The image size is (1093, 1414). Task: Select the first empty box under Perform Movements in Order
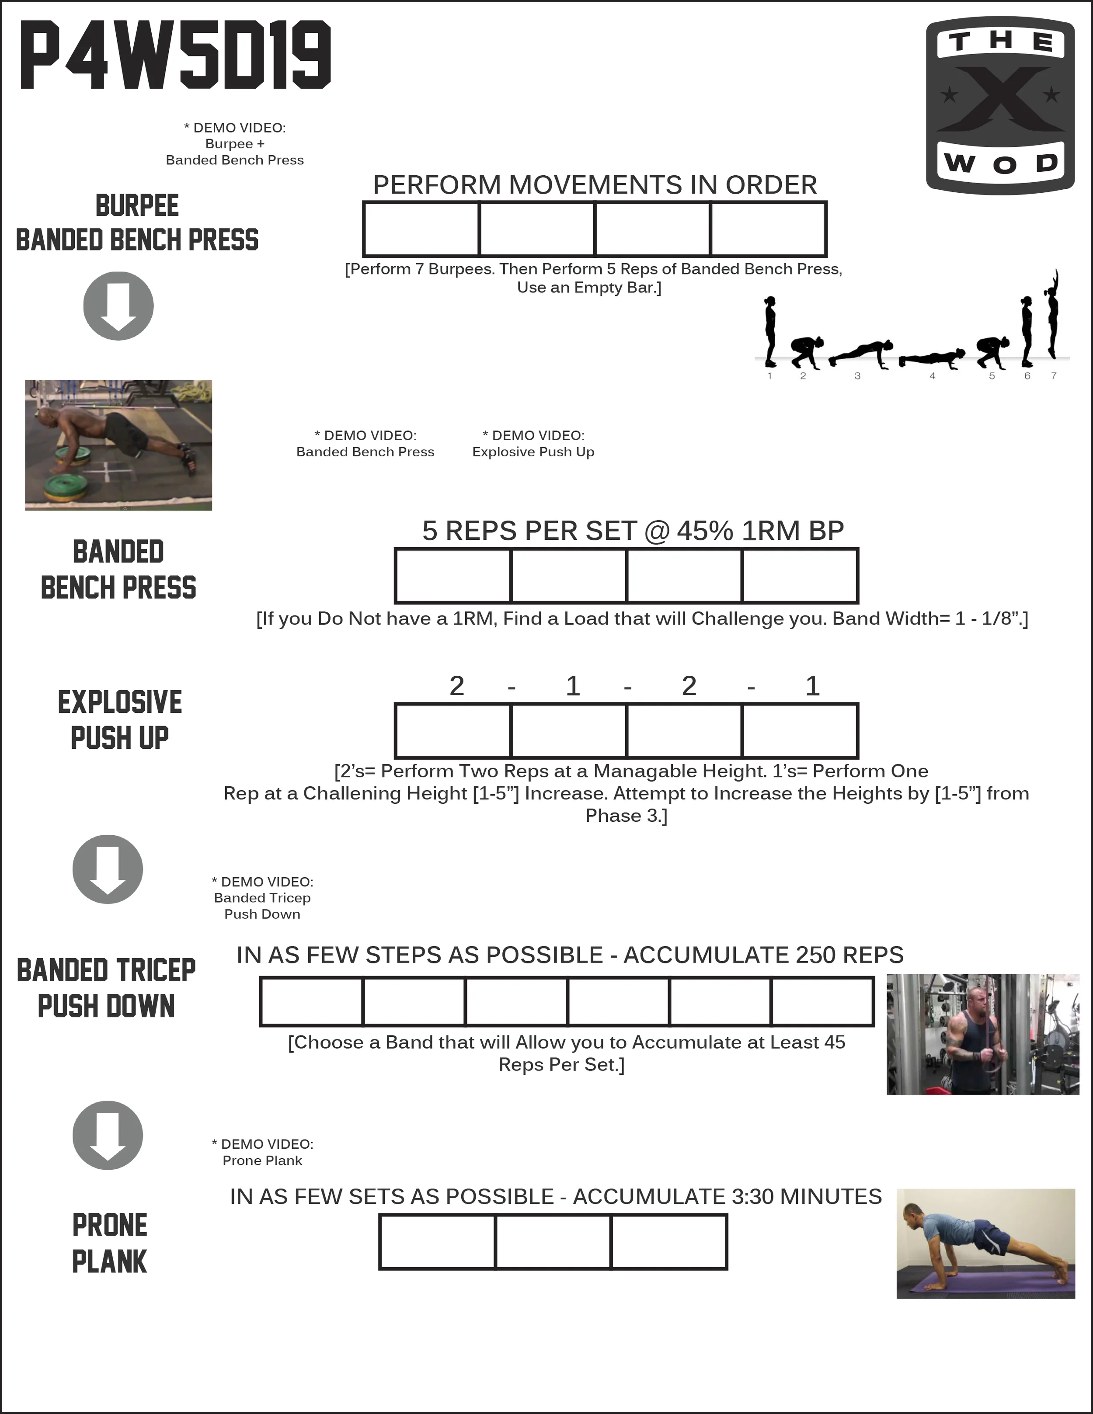(x=421, y=229)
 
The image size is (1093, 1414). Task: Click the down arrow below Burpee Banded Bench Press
(x=118, y=306)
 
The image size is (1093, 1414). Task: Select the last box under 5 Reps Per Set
(x=800, y=576)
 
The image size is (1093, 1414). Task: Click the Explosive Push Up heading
(x=120, y=719)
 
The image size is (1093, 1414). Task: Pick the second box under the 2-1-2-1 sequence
(x=568, y=730)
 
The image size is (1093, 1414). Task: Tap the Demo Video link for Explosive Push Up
(x=533, y=444)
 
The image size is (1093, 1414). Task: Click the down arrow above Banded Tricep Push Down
(x=108, y=869)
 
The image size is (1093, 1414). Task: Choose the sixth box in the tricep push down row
(x=822, y=1001)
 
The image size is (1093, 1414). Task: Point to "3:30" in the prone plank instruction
(x=752, y=1196)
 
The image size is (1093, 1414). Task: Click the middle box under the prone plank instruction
(x=553, y=1242)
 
